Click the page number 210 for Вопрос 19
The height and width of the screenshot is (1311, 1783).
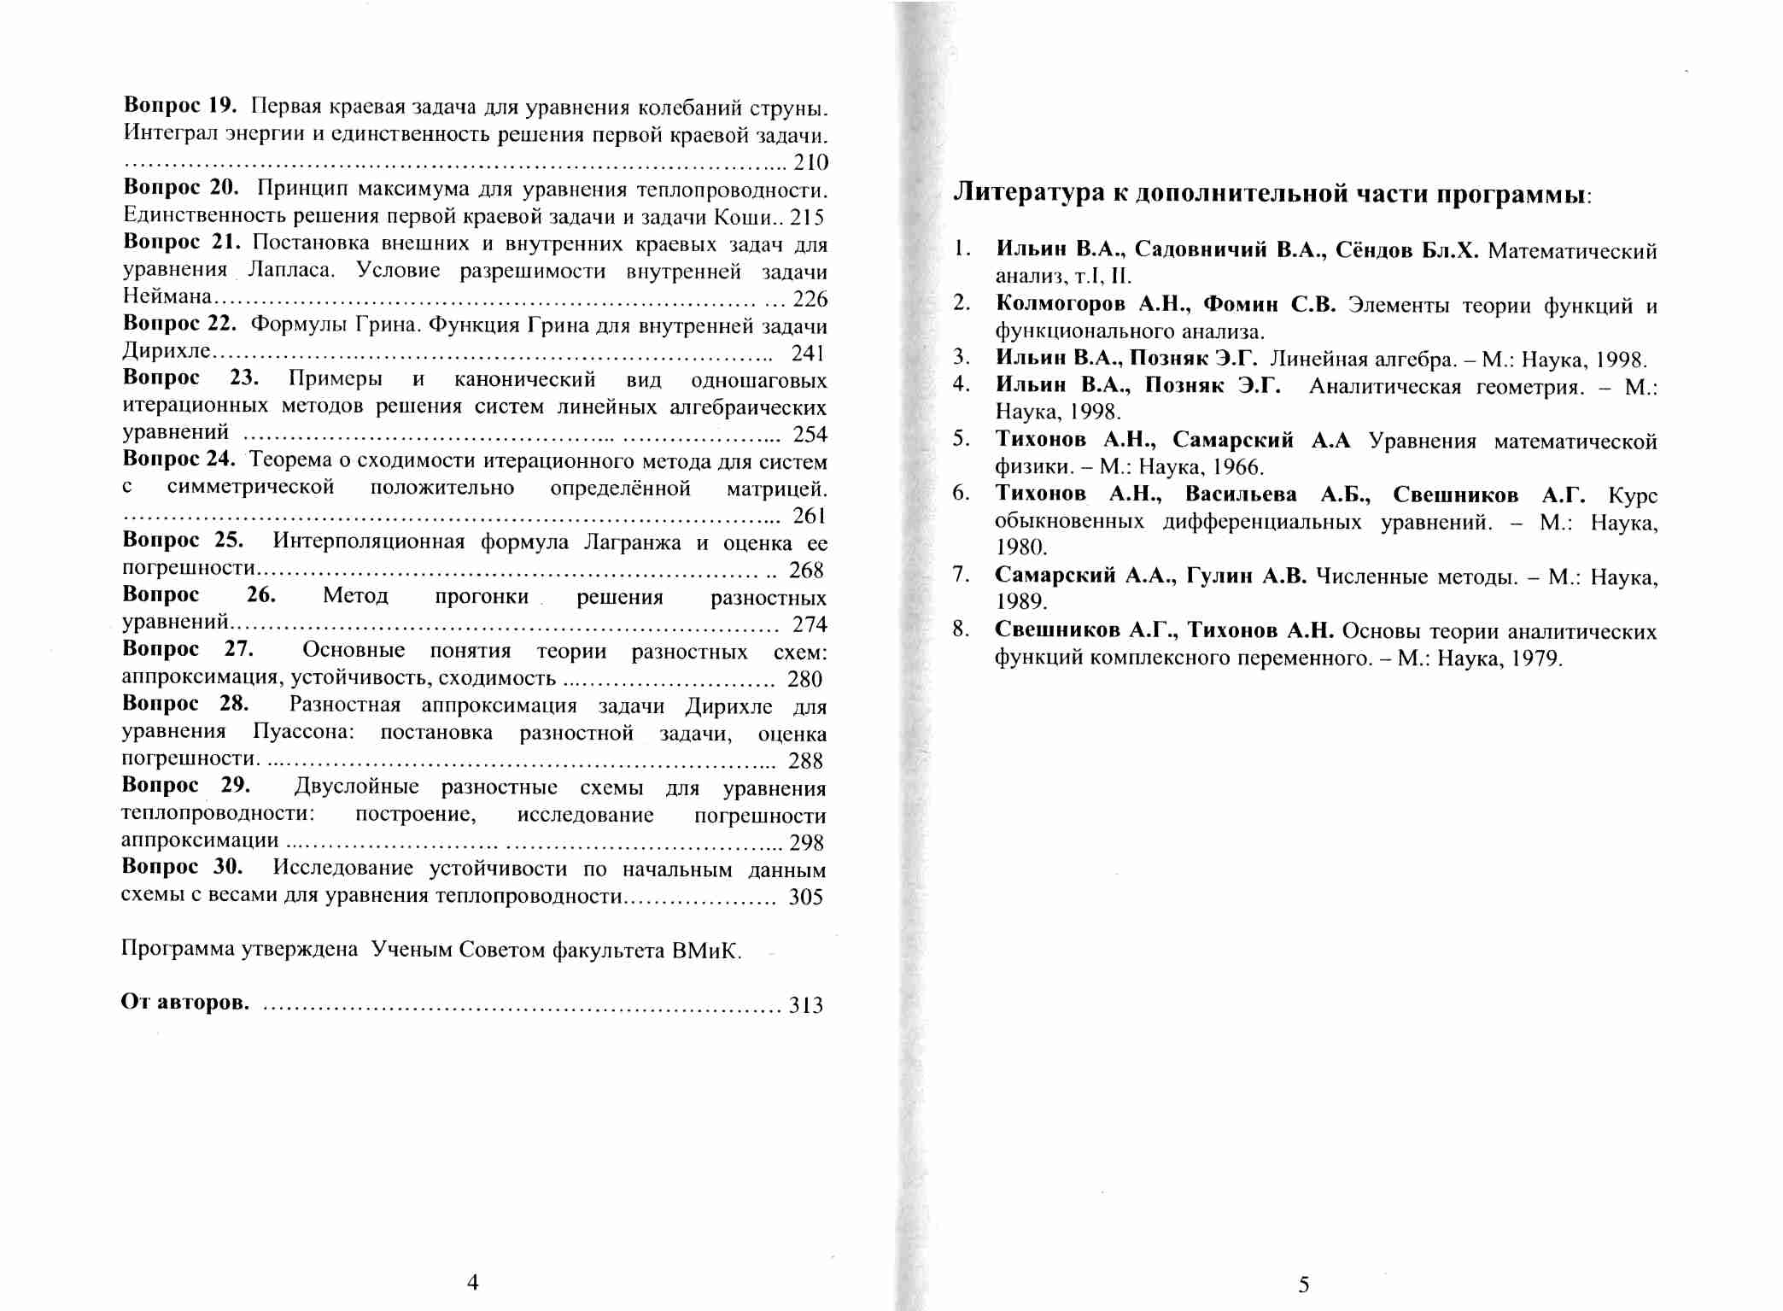810,162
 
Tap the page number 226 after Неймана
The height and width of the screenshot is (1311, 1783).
810,298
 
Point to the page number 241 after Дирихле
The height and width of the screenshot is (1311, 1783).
808,353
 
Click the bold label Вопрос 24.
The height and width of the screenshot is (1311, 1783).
178,459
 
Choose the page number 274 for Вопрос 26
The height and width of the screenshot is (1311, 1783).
809,624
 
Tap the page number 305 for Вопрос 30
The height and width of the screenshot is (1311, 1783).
805,897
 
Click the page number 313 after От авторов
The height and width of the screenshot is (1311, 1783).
805,1005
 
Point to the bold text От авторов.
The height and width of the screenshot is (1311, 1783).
184,1002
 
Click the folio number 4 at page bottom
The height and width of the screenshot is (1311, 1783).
473,1282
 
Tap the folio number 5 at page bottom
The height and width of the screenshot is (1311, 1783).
1303,1284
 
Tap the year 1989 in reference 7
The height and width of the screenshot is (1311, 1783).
1020,601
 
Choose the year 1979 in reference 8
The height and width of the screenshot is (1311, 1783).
1536,658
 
